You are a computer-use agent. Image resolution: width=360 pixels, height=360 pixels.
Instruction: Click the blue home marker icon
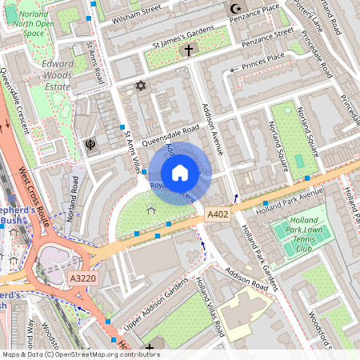[x=180, y=173]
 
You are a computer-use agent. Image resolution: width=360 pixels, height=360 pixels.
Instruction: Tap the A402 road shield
[x=217, y=214]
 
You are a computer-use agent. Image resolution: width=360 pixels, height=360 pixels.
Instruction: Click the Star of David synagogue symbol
[x=142, y=84]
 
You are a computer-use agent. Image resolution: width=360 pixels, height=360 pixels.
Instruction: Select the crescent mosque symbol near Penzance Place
[x=235, y=9]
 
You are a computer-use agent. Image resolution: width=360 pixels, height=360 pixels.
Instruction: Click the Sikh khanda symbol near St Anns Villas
[x=90, y=145]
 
